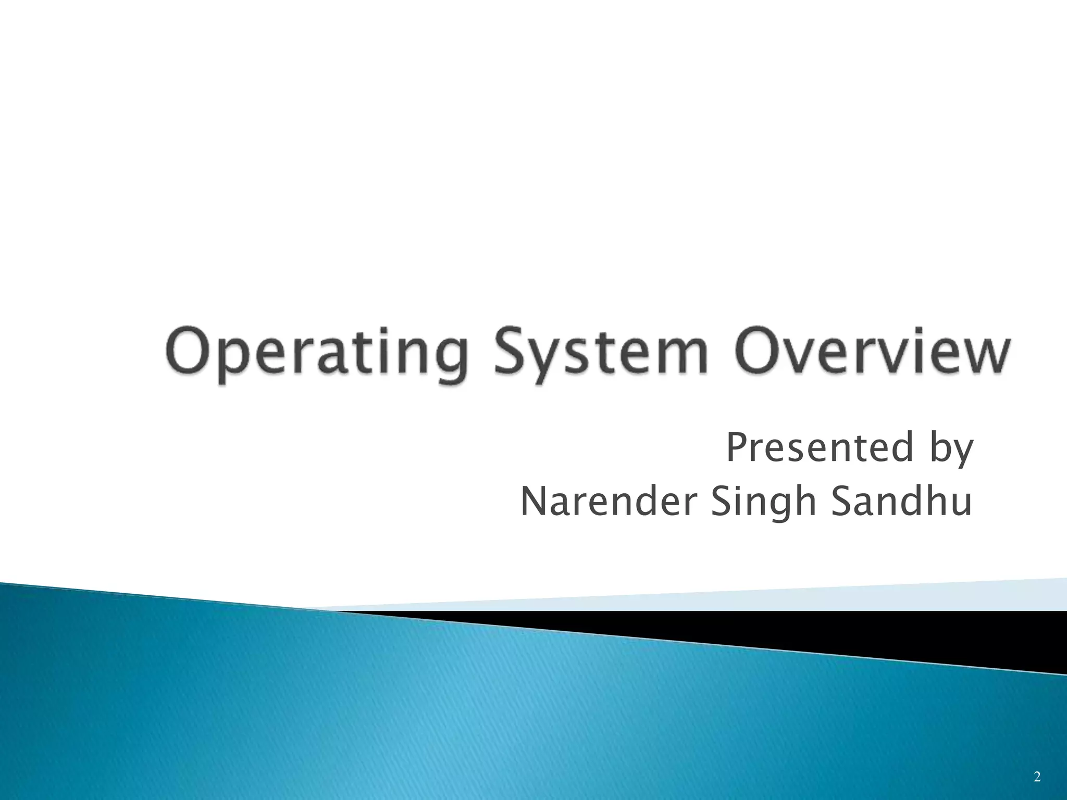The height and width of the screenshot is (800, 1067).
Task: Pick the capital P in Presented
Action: coord(737,447)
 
